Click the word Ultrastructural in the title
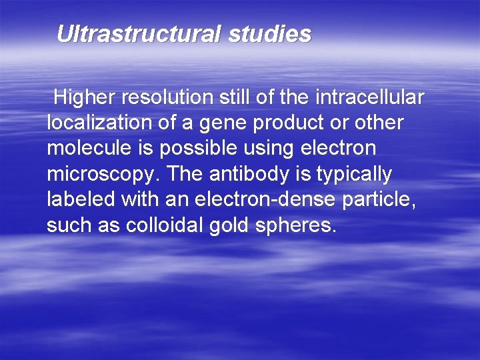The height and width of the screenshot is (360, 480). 139,34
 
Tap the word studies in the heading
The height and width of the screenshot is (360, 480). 269,34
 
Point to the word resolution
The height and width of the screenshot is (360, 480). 169,98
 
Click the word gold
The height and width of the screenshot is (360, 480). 230,225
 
